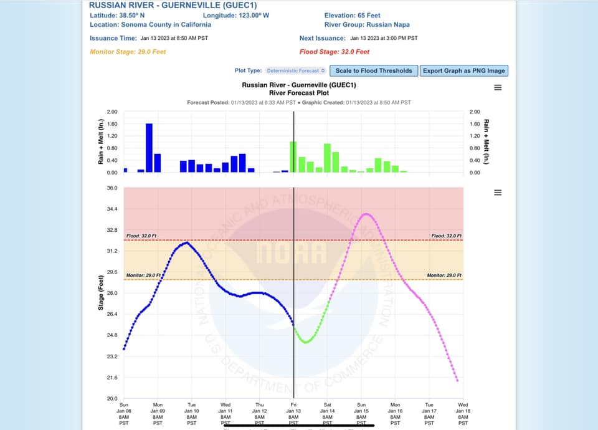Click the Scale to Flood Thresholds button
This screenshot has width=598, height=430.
pos(374,70)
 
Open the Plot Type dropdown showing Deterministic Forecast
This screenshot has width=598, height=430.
pos(296,71)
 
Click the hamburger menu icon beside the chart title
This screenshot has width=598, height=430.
pos(498,87)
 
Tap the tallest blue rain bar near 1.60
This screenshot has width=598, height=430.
pos(149,148)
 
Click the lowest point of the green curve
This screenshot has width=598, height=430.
pos(305,342)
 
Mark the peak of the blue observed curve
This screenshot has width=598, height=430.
pos(186,242)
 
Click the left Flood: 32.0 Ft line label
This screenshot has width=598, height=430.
pos(141,236)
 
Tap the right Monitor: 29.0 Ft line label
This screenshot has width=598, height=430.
pos(444,275)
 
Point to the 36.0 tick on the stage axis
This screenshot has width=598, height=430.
pos(112,188)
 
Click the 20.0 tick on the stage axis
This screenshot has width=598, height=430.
pos(112,398)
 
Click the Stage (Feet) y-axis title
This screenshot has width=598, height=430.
pos(102,292)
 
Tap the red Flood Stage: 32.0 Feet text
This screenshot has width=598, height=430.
pos(335,52)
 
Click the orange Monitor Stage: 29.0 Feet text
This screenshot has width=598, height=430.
pos(129,52)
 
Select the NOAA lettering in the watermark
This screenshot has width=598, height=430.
pos(292,252)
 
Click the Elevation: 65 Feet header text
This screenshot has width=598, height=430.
pos(352,15)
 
